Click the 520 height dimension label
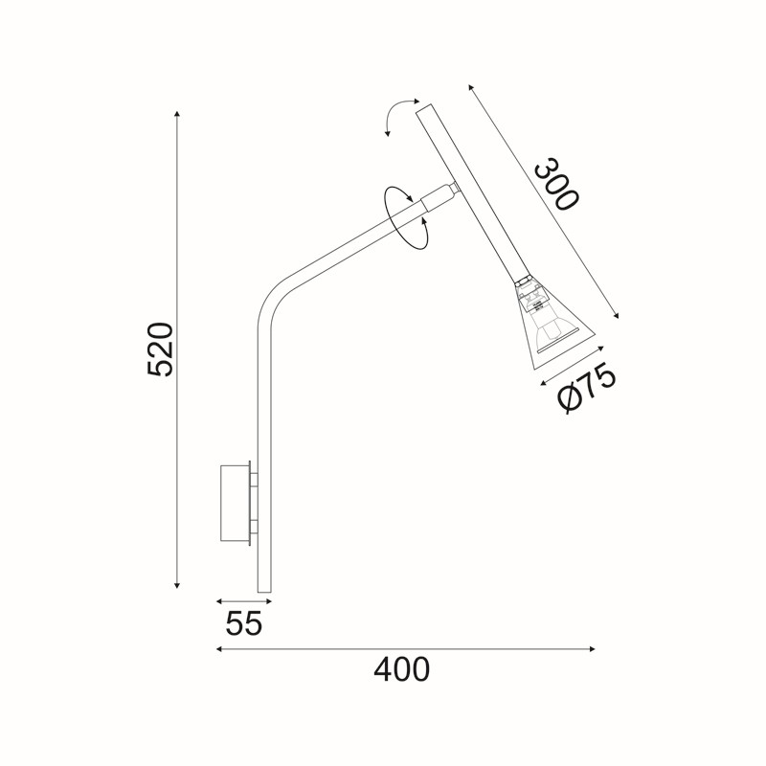point(160,349)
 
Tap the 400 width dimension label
point(401,669)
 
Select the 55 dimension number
point(244,623)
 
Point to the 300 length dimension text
point(557,184)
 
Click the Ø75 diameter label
point(586,389)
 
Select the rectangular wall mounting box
point(235,504)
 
